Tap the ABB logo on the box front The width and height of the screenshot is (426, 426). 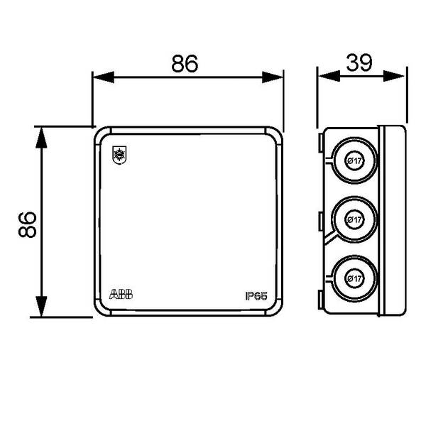pos(121,295)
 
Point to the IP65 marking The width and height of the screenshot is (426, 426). pos(256,296)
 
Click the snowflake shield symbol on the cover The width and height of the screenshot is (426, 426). pos(119,155)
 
